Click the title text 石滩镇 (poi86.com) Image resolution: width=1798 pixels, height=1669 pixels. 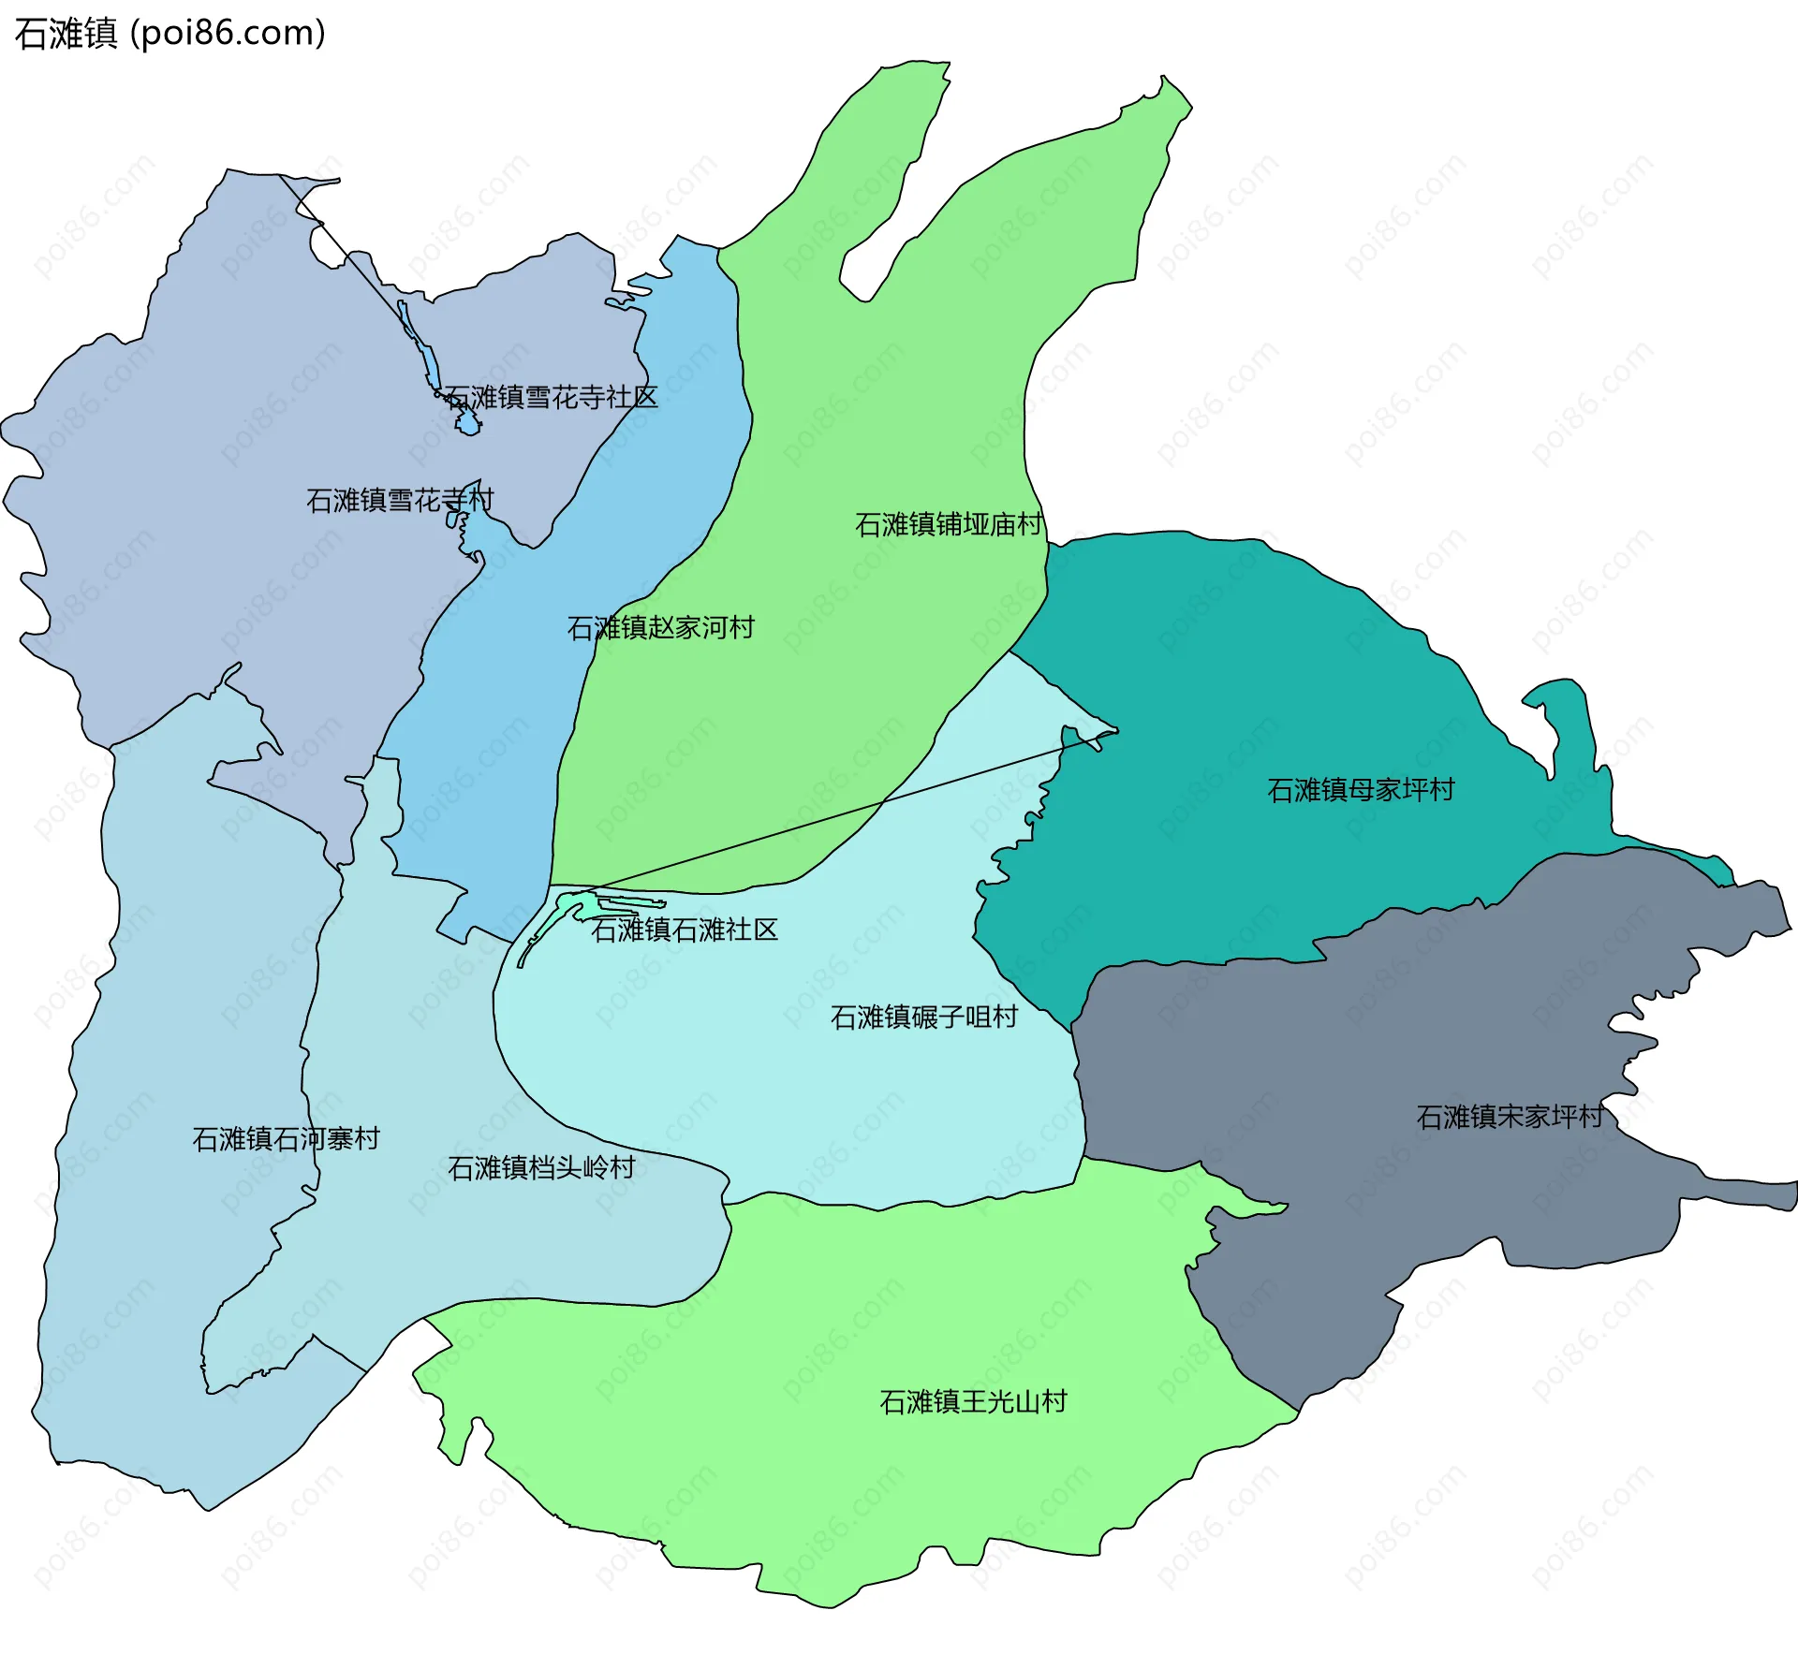coord(169,34)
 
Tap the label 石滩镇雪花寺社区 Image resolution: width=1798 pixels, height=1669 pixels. coord(552,398)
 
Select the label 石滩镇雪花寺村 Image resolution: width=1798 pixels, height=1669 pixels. coord(400,500)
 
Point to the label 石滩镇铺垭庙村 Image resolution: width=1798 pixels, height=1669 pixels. coord(948,524)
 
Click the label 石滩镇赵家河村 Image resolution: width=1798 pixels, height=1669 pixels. coord(661,627)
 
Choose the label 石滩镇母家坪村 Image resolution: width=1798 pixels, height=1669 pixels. coord(1361,790)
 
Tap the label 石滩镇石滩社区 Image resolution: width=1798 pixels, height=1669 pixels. coord(685,930)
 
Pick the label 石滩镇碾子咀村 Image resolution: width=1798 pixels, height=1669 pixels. coord(924,1017)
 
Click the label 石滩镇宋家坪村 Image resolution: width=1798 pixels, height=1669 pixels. coord(1510,1117)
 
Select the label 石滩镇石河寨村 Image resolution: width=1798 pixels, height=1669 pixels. coord(286,1139)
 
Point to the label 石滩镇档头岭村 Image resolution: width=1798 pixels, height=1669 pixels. coord(541,1167)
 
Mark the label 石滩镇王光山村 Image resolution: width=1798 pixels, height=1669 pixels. coord(974,1401)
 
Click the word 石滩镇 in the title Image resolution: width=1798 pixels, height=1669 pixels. coord(66,34)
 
